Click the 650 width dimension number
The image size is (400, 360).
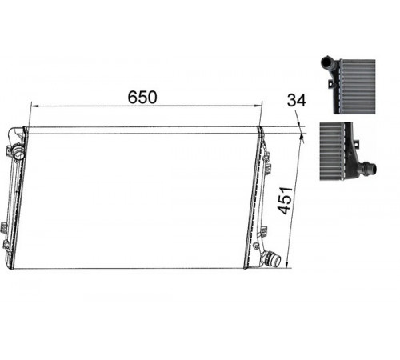pyautogui.click(x=142, y=97)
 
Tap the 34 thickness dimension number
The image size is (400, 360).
pyautogui.click(x=297, y=101)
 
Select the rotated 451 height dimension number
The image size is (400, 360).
pyautogui.click(x=285, y=201)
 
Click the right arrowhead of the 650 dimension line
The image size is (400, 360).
pyautogui.click(x=258, y=106)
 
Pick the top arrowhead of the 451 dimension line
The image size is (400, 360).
pyautogui.click(x=302, y=138)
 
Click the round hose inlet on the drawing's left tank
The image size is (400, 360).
pyautogui.click(x=18, y=153)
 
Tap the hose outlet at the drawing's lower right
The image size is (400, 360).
pyautogui.click(x=271, y=258)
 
